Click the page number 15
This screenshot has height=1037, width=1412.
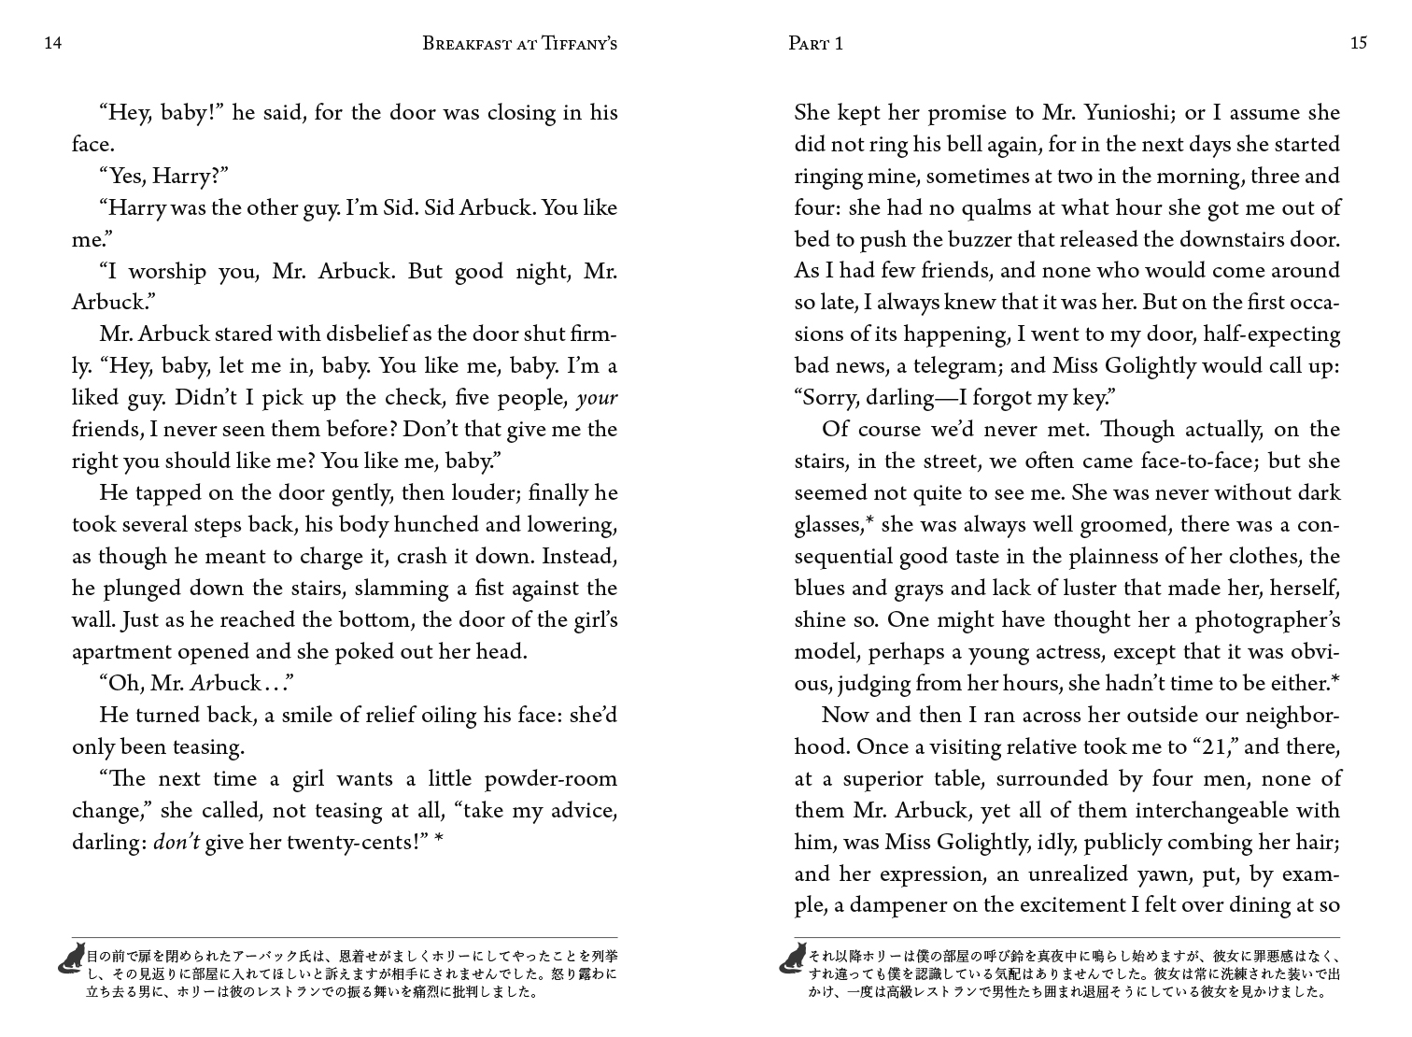point(1358,43)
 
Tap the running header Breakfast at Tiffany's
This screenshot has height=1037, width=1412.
point(519,43)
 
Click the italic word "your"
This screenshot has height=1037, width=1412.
point(598,398)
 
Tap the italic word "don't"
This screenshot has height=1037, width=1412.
point(176,843)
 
